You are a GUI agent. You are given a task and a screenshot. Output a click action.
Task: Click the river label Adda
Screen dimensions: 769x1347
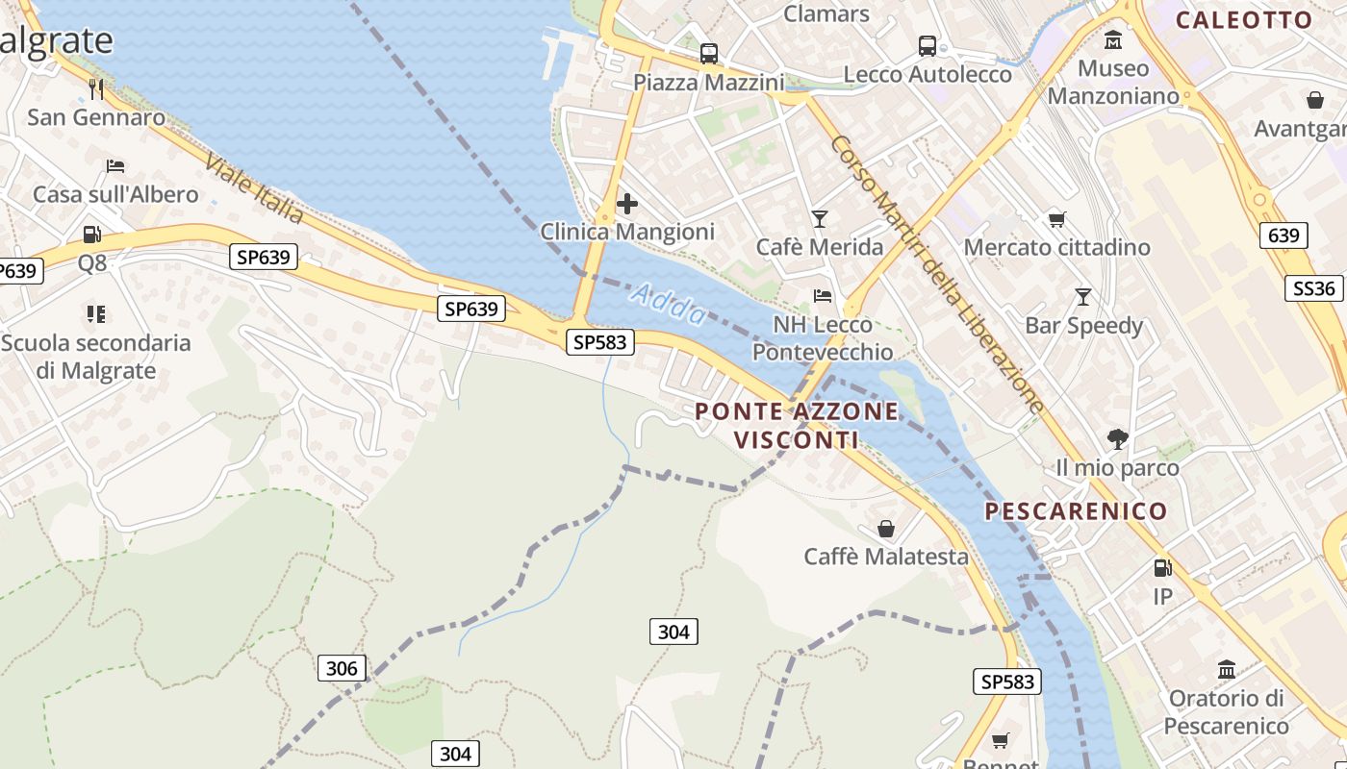coord(669,303)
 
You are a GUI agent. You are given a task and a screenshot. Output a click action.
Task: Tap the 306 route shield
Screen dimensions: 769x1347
coord(342,668)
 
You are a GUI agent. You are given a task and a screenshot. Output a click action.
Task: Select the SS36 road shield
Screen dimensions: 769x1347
coord(1313,288)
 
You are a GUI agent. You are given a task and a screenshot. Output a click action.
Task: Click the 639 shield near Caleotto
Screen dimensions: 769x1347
coord(1283,236)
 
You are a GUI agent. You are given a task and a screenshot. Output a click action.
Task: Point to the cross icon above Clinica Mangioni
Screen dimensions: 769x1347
coord(627,204)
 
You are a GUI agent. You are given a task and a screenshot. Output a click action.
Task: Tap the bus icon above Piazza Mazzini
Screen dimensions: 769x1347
coord(709,54)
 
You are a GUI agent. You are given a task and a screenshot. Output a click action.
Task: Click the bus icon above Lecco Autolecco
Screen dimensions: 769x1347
coord(928,45)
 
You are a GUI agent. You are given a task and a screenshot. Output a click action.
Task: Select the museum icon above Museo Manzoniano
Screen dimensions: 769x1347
coord(1113,40)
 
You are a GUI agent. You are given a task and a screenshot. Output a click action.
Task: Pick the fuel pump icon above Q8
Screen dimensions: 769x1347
coord(92,234)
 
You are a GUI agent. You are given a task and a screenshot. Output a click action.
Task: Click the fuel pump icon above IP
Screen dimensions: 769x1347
coord(1162,568)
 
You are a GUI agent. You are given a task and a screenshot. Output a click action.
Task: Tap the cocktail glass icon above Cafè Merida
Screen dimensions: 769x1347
coord(819,219)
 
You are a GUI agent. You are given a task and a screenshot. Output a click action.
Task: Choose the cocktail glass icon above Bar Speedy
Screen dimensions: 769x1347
coord(1083,297)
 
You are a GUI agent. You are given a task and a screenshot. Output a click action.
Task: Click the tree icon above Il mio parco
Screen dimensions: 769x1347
coord(1117,439)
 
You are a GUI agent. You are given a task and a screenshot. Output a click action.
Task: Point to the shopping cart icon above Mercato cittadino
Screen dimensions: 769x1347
coord(1056,219)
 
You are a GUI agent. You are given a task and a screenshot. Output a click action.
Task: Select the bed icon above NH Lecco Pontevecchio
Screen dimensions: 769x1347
coord(823,296)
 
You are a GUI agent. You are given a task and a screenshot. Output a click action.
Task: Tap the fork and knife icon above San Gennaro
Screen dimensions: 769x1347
coord(96,89)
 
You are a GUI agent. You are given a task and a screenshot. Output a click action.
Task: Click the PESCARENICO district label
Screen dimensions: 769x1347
coord(1076,511)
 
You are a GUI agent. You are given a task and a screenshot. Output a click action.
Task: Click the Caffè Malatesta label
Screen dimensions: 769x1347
coord(886,557)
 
